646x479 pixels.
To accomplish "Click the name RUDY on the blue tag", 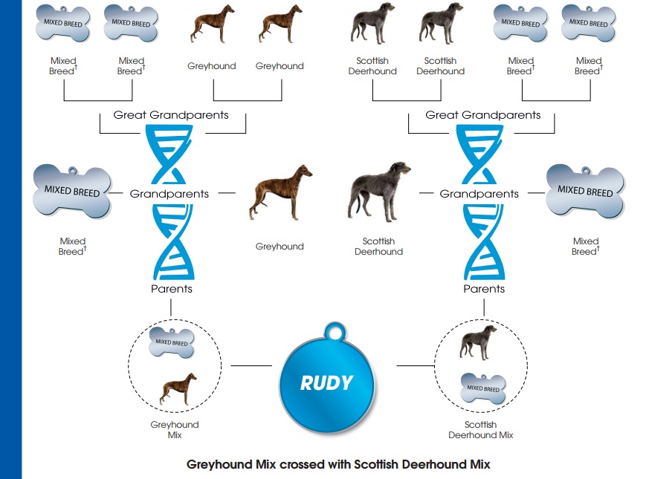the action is [326, 383].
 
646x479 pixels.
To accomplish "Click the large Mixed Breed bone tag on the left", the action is [72, 191].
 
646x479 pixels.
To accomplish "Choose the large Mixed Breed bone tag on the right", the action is [585, 192].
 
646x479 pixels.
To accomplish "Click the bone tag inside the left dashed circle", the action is [172, 342].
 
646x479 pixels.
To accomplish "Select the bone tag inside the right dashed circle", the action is [482, 388].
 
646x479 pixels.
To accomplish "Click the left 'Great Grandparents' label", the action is [171, 115].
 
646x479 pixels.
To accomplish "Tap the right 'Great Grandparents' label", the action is [483, 115].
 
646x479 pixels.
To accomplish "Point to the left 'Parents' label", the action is [171, 289].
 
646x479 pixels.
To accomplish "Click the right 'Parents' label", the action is [484, 289].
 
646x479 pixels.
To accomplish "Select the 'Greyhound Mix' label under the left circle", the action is [175, 430].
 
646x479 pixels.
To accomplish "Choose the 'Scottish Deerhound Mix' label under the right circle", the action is [481, 430].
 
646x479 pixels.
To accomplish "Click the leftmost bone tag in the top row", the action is [63, 24].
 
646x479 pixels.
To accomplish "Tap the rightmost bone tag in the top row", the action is [589, 24].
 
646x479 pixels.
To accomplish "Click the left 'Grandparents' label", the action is [169, 194].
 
